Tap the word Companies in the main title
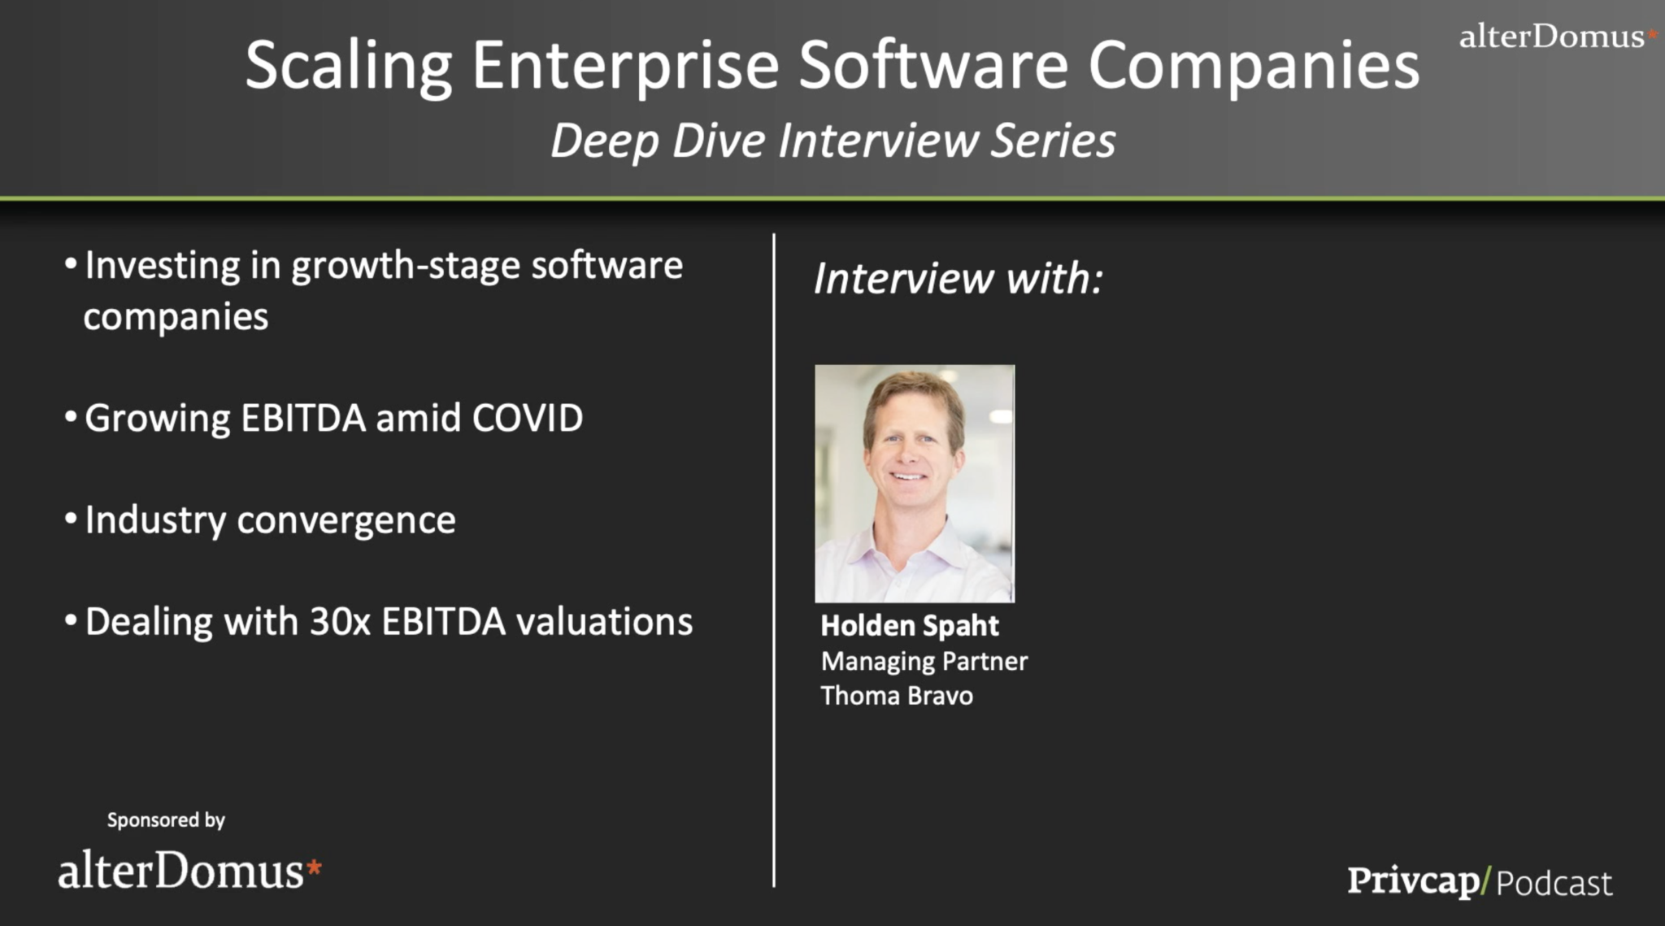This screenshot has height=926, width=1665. [x=1254, y=67]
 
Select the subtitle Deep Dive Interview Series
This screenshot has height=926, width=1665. [x=832, y=141]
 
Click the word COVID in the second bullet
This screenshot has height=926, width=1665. [x=527, y=418]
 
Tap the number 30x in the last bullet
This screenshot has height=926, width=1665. [x=340, y=622]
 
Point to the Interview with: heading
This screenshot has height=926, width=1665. [x=958, y=279]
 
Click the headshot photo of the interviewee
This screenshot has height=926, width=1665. [x=915, y=484]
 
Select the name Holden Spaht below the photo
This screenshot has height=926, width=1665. [x=909, y=626]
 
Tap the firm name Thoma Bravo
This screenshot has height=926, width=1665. [x=897, y=696]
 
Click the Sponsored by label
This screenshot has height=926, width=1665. [x=166, y=820]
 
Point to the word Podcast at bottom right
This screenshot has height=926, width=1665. [x=1554, y=883]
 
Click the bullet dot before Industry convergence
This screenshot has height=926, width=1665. [x=71, y=519]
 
